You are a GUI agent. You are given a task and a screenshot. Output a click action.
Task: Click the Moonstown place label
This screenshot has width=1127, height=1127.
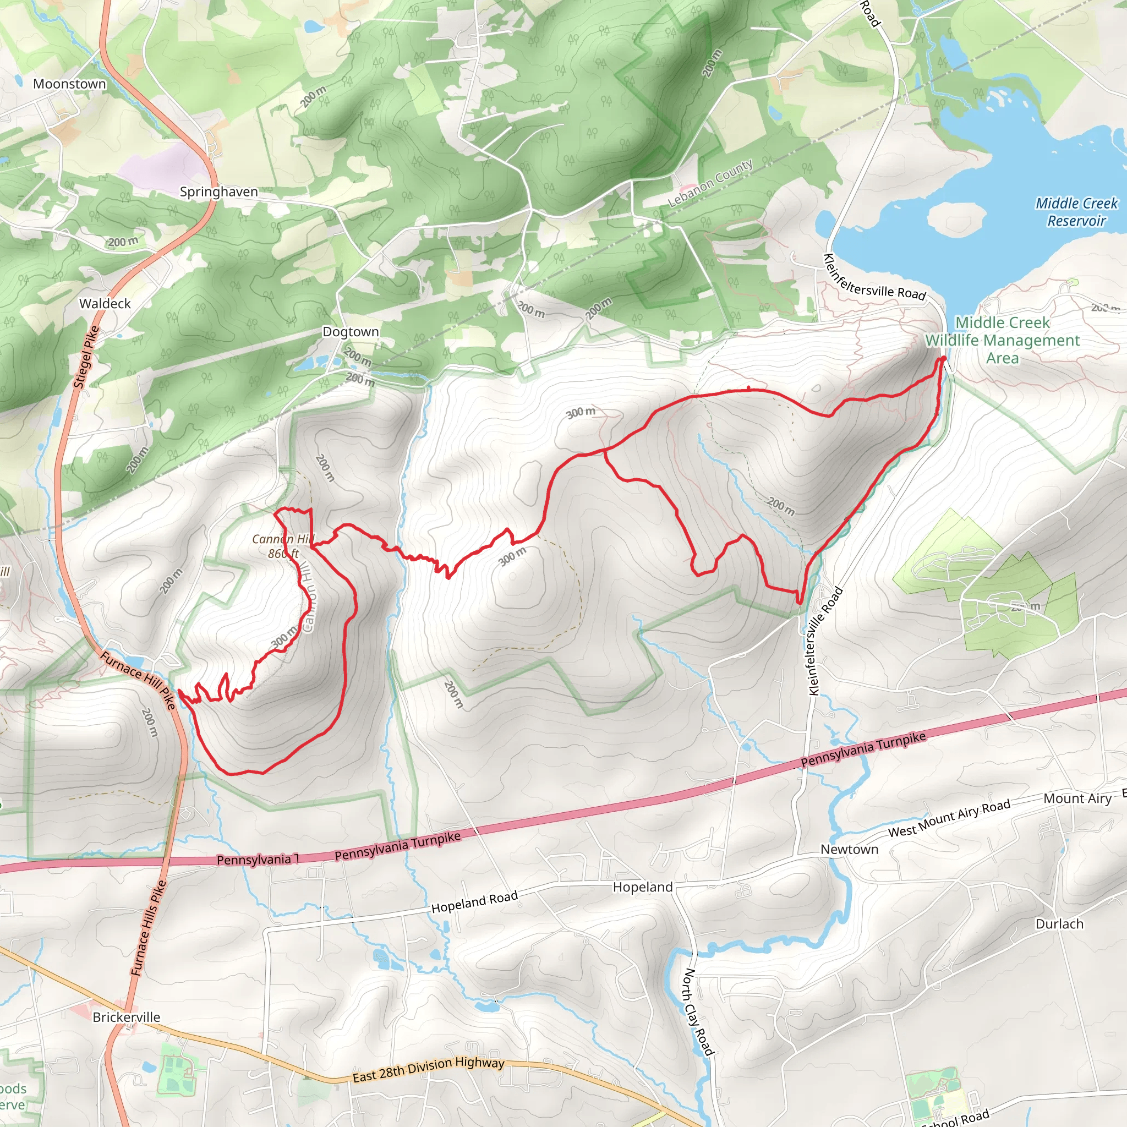click(x=69, y=84)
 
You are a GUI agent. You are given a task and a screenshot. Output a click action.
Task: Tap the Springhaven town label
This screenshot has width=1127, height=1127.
click(x=219, y=192)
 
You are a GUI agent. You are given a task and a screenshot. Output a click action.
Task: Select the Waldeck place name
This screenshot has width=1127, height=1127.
click(x=105, y=303)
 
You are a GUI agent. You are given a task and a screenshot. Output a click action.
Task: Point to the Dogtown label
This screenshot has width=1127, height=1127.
click(x=351, y=332)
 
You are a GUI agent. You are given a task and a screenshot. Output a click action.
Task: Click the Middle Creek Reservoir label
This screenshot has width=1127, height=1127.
click(x=1076, y=212)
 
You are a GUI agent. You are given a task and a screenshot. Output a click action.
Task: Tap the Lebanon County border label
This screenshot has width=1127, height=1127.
click(x=710, y=183)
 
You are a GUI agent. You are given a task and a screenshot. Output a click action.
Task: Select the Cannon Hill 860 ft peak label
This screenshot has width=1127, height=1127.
click(x=283, y=546)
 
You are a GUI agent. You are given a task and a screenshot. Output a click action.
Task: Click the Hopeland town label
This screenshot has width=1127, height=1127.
click(x=642, y=887)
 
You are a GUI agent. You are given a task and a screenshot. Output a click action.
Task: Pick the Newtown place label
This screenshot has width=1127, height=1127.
click(x=849, y=849)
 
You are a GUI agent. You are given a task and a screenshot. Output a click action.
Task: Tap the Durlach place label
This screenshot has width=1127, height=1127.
click(x=1059, y=924)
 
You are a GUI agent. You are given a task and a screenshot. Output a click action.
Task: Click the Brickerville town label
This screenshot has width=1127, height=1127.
click(x=126, y=1017)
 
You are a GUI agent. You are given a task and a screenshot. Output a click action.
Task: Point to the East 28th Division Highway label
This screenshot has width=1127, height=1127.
click(x=428, y=1070)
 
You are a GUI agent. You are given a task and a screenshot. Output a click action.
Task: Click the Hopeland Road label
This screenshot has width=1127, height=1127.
click(x=474, y=902)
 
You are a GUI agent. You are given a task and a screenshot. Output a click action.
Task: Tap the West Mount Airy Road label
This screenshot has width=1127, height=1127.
click(x=949, y=818)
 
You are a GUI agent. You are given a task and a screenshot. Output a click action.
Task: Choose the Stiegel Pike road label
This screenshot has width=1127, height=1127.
click(x=86, y=357)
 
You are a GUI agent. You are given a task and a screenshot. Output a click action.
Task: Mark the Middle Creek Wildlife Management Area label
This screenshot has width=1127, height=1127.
click(x=1002, y=340)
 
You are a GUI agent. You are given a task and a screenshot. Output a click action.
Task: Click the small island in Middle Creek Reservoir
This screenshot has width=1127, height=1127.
click(x=956, y=217)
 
